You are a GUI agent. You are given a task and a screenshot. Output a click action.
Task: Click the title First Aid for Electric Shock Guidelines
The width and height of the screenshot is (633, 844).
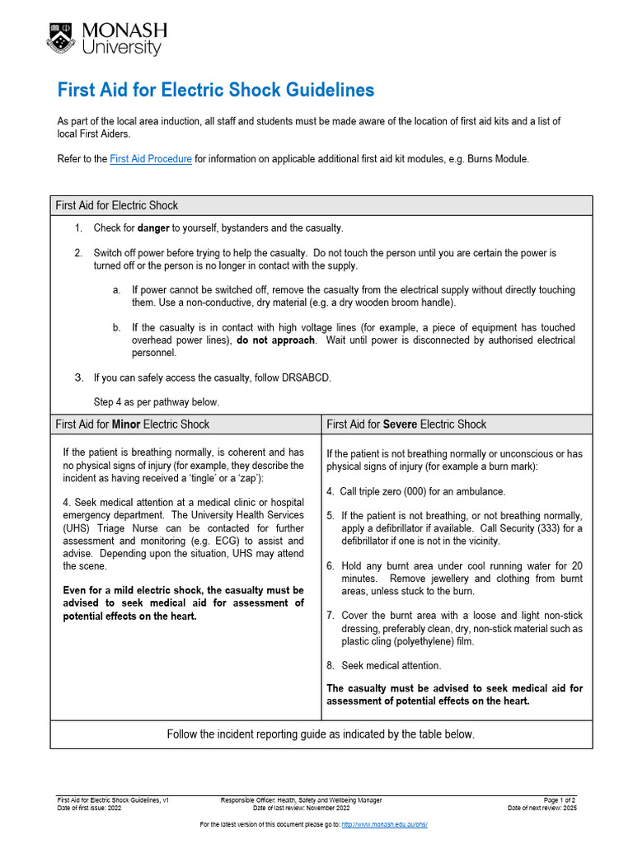[215, 90]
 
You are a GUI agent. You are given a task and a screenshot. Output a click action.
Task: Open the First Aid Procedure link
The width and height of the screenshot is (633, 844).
[151, 159]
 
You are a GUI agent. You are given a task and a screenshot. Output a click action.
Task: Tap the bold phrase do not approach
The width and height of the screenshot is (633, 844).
[276, 340]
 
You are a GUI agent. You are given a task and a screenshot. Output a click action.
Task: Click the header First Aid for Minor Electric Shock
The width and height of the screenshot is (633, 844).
[133, 424]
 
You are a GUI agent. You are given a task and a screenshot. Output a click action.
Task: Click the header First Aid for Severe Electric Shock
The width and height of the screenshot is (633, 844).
[406, 424]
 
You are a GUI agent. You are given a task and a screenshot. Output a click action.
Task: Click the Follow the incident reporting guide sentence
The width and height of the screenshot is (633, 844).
[321, 734]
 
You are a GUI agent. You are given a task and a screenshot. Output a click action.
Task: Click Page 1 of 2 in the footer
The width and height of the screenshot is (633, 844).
[560, 800]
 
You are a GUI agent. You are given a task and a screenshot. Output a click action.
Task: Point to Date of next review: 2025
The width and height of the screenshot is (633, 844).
[542, 809]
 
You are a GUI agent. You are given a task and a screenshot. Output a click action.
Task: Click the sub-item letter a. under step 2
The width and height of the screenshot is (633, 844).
[117, 290]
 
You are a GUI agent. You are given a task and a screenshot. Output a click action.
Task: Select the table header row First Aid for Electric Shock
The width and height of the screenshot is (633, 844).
[117, 205]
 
